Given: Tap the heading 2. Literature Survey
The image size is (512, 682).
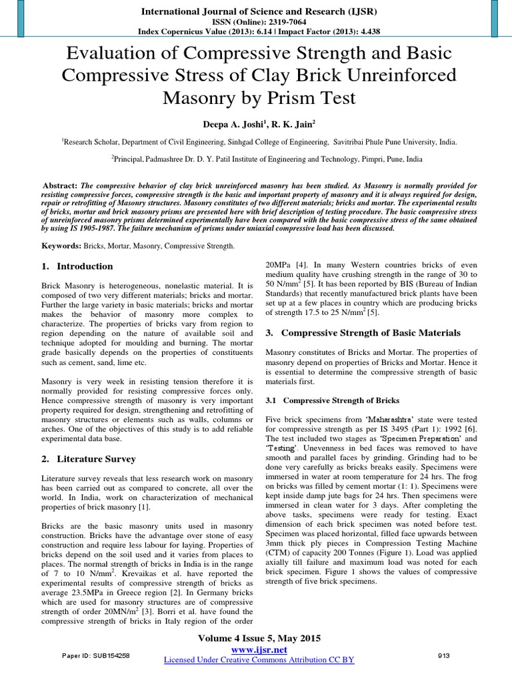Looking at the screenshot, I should pyautogui.click(x=88, y=459).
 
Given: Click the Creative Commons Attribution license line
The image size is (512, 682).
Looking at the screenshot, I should pyautogui.click(x=259, y=659).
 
